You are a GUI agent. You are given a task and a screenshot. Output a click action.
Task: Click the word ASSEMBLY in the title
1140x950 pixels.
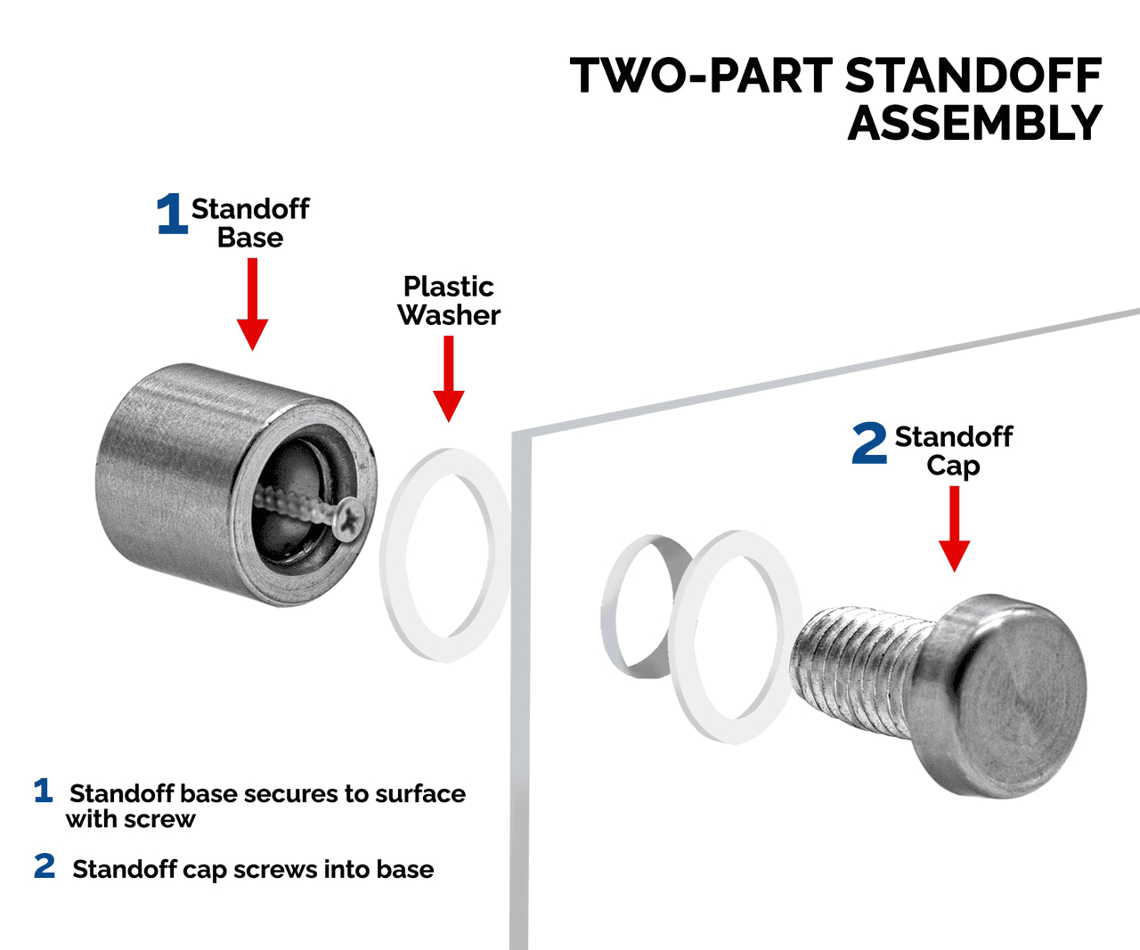975,124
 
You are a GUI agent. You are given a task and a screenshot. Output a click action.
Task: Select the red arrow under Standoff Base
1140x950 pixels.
252,303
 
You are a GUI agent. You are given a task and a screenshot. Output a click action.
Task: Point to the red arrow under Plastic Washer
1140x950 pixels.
448,378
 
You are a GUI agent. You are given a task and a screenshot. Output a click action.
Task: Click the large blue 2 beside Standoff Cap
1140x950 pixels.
869,444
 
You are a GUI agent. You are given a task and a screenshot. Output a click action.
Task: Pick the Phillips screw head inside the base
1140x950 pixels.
347,519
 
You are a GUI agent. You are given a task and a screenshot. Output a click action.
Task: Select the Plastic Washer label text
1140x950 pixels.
449,301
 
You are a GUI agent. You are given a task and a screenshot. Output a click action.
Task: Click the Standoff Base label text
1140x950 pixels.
250,223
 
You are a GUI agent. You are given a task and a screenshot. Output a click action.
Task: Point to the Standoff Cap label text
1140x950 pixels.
953,451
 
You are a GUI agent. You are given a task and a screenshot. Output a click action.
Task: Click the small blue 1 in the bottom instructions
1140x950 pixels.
43,791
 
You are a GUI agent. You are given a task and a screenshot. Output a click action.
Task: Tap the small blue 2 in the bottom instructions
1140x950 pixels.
45,866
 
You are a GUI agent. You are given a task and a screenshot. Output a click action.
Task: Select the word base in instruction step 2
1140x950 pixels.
405,869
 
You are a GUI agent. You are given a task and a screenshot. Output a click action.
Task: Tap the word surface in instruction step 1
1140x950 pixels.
419,793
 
